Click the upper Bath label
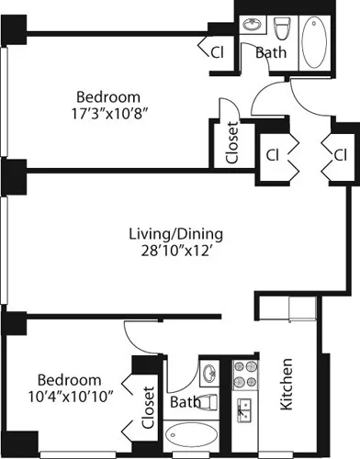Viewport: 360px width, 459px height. point(270,53)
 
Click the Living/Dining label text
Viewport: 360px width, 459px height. point(175,232)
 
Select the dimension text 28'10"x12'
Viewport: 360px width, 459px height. point(175,250)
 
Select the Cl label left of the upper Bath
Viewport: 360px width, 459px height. point(218,52)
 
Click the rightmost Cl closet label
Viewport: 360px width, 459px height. point(339,153)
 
